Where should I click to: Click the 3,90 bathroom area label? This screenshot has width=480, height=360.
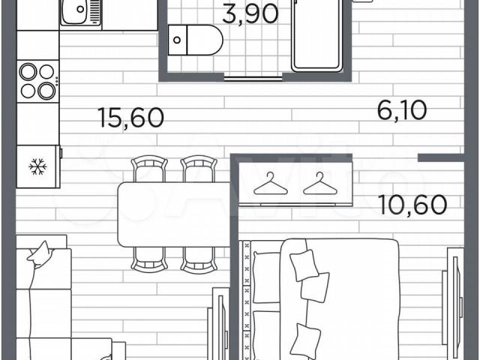click(x=250, y=14)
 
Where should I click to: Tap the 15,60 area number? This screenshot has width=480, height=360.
click(x=131, y=118)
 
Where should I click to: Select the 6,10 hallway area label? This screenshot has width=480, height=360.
click(x=402, y=110)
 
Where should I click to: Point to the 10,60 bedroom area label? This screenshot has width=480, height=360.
click(x=412, y=205)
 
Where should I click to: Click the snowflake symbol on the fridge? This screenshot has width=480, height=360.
click(x=37, y=166)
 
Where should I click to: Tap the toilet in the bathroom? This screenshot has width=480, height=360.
click(x=195, y=40)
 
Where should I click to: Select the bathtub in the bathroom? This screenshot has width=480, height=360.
click(x=316, y=35)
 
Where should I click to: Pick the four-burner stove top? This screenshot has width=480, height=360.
click(x=38, y=81)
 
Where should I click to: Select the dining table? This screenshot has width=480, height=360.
click(x=174, y=214)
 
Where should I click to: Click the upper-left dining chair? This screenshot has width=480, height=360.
click(x=149, y=169)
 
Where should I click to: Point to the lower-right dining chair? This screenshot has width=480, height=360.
click(x=199, y=260)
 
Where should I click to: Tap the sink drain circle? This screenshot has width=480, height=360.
click(x=80, y=9)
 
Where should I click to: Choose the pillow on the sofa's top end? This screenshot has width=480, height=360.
click(x=40, y=254)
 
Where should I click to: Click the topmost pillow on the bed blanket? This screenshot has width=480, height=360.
click(x=304, y=265)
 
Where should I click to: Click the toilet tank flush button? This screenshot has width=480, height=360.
click(x=177, y=40)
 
